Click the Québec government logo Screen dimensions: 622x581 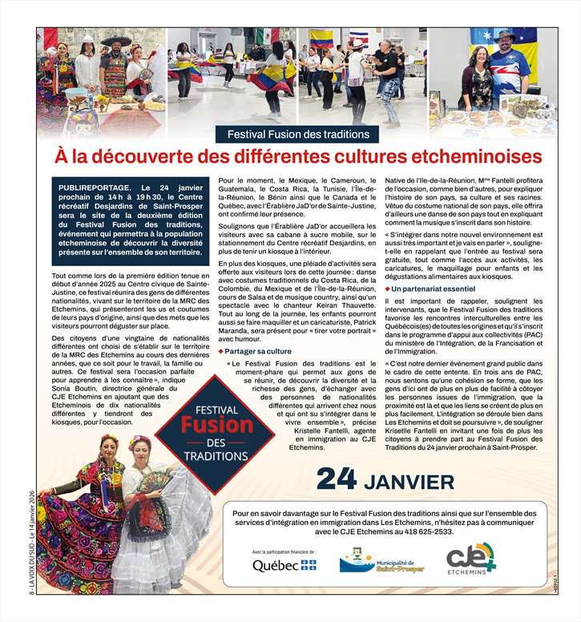tap(284, 565)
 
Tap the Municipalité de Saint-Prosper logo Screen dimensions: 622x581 tap(381, 561)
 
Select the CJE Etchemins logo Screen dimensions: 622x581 tap(470, 559)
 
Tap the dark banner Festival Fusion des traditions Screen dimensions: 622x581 tap(298, 135)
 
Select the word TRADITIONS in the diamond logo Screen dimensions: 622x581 tap(204, 456)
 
